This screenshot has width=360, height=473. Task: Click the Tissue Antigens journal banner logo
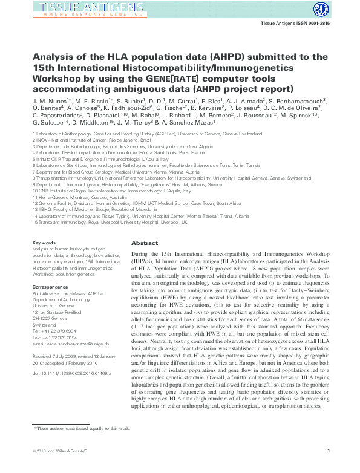pyautogui.click(x=79, y=8)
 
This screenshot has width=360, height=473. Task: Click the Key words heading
pyautogui.click(x=43, y=243)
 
